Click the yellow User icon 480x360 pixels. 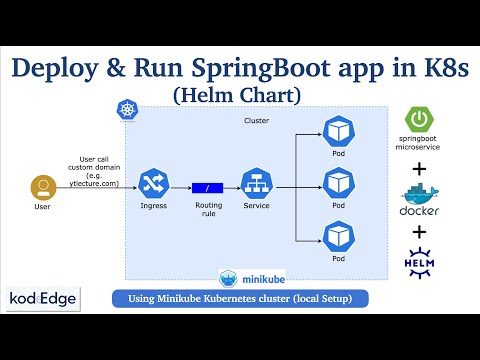[42, 187]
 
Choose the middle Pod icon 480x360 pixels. [335, 184]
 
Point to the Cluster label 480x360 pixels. [257, 121]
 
